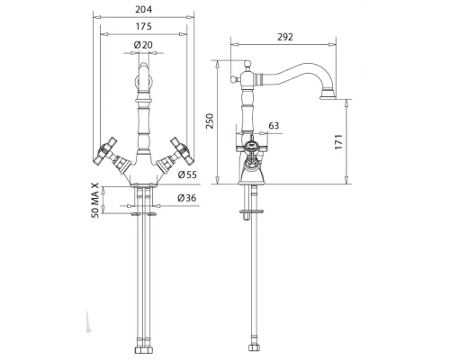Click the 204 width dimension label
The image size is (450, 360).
tap(143, 10)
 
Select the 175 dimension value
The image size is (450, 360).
tap(143, 27)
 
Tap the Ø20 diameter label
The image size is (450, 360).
tap(143, 45)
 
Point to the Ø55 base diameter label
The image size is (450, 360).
tap(187, 175)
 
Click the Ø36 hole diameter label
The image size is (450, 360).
tap(187, 198)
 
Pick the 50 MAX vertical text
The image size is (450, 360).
tap(94, 200)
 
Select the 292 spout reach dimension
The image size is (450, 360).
tap(284, 37)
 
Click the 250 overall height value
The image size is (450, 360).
tap(210, 121)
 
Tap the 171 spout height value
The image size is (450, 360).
tap(338, 142)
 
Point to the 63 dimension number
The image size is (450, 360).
tap(274, 125)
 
